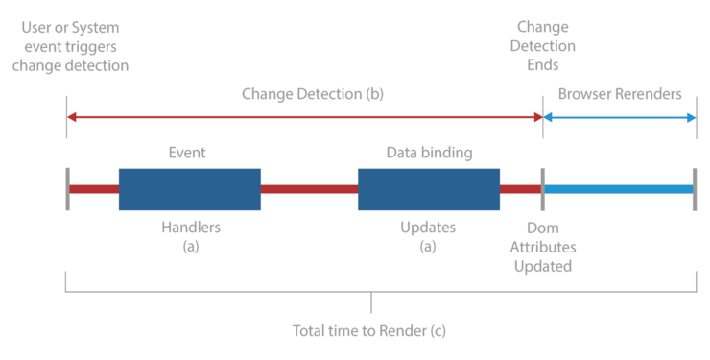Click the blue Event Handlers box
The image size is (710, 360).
coord(189,189)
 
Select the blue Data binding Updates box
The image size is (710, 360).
coord(429,189)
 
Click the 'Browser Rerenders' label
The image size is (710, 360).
coord(619,94)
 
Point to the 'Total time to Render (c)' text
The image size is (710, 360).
coord(369,330)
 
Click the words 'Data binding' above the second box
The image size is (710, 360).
coord(429,152)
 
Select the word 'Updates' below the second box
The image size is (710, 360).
coord(428,228)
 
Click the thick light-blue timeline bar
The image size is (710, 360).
coord(619,189)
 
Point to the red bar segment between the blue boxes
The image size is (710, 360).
coord(309,189)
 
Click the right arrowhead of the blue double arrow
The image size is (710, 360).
coord(691,117)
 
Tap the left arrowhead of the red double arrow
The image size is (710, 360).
coord(72,117)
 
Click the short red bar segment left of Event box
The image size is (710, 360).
coord(93,189)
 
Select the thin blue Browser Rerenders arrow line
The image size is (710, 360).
coord(619,117)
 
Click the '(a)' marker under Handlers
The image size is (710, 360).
coord(189,246)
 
